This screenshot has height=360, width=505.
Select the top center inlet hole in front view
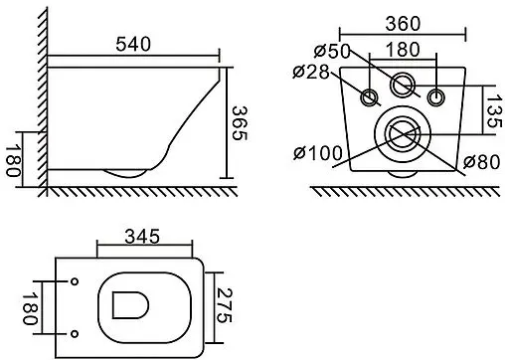click(403, 85)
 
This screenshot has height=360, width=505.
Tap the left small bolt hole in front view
click(370, 96)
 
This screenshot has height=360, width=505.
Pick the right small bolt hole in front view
click(435, 96)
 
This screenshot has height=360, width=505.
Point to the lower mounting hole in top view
click(77, 330)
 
